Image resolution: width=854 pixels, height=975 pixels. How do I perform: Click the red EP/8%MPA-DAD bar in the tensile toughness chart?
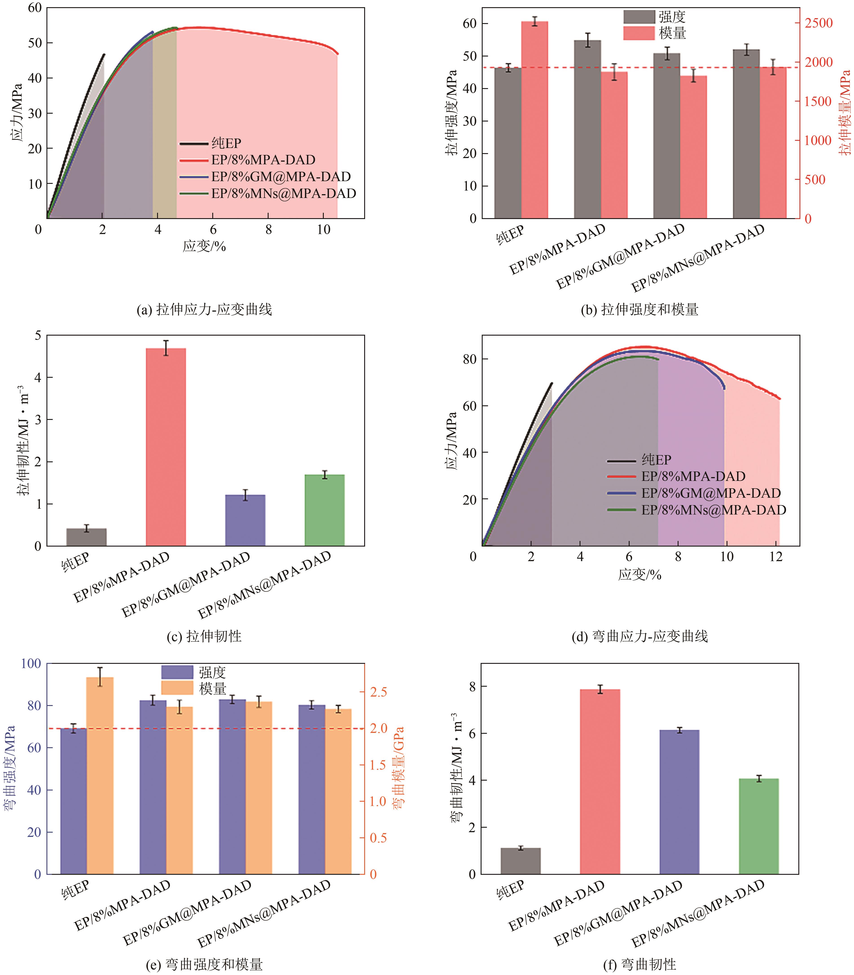[166, 447]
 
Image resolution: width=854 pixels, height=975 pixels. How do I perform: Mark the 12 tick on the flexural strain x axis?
[776, 556]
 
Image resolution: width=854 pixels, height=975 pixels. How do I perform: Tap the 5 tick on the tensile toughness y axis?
[38, 336]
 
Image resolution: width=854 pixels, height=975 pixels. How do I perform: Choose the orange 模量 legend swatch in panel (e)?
[177, 688]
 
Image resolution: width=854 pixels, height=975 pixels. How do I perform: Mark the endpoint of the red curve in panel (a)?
[338, 54]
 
